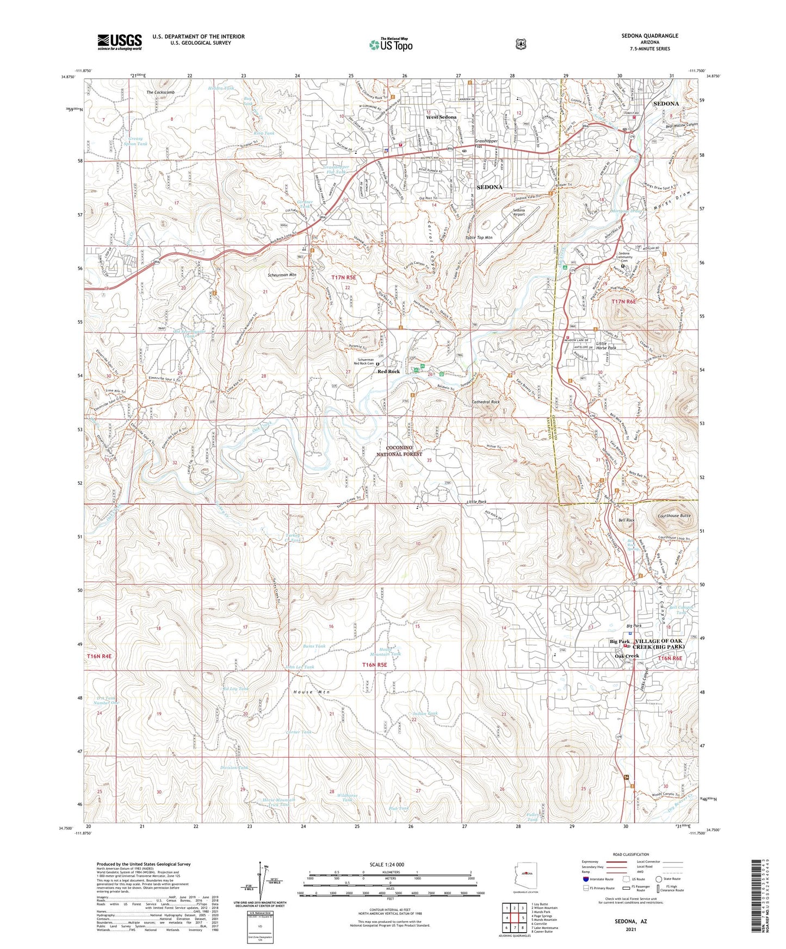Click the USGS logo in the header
tap(119, 42)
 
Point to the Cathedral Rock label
tap(485, 402)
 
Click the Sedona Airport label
tap(519, 212)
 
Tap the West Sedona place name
tap(441, 117)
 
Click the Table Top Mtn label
tap(479, 238)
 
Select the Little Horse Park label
tap(606, 346)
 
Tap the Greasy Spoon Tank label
tap(135, 141)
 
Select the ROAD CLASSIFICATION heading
tap(630, 854)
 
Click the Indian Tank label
tap(425, 714)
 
